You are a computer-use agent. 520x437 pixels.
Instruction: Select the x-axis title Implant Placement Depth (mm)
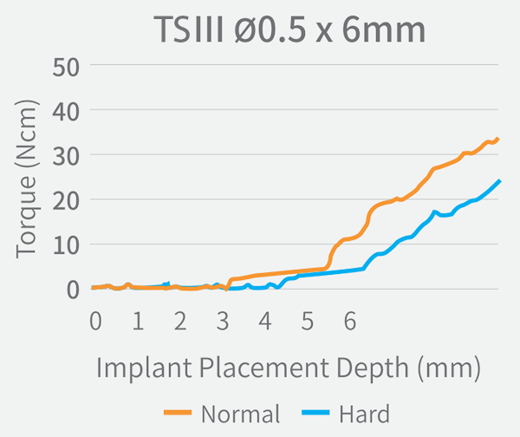tap(289, 369)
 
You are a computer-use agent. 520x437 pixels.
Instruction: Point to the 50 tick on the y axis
tap(67, 66)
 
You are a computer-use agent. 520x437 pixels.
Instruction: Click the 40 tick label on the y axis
tap(67, 111)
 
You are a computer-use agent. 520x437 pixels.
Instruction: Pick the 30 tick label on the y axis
tap(67, 155)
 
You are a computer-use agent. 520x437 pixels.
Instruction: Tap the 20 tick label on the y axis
tap(67, 200)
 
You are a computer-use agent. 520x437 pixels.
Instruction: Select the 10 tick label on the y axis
tap(67, 245)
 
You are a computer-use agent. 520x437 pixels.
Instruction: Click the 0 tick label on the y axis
tap(74, 290)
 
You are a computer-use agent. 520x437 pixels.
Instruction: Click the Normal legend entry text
tap(240, 414)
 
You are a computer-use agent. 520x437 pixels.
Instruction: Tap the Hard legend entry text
tap(366, 414)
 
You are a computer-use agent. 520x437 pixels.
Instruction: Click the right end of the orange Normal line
tap(498, 139)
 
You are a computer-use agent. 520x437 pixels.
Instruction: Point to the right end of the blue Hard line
tap(500, 181)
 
